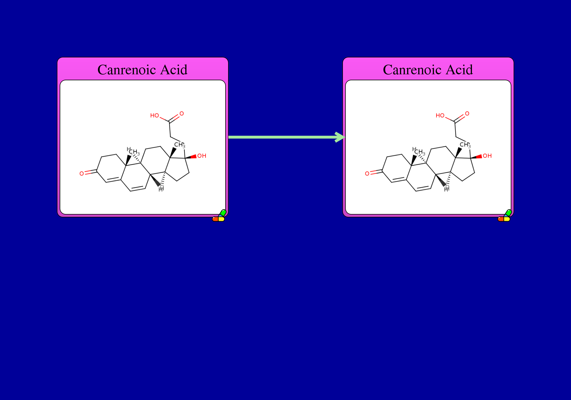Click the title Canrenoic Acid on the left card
pos(142,70)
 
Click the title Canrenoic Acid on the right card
pos(428,70)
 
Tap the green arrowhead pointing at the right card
pos(340,137)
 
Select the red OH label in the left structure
pos(202,156)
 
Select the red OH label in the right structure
pos(487,156)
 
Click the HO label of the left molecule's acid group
pos(154,115)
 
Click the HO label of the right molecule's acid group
pos(440,115)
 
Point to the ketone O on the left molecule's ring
pos(82,173)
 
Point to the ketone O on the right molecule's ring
pos(367,173)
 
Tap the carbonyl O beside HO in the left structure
pos(182,114)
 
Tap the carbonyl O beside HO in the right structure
pos(467,114)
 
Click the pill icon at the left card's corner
pos(219,216)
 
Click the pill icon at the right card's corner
pos(504,216)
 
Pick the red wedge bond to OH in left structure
pos(191,157)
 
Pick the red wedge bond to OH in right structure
pos(476,157)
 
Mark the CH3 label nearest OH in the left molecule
pos(180,145)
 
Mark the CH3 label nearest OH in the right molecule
pos(465,145)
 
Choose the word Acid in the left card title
pos(174,70)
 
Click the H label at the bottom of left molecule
pos(161,189)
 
